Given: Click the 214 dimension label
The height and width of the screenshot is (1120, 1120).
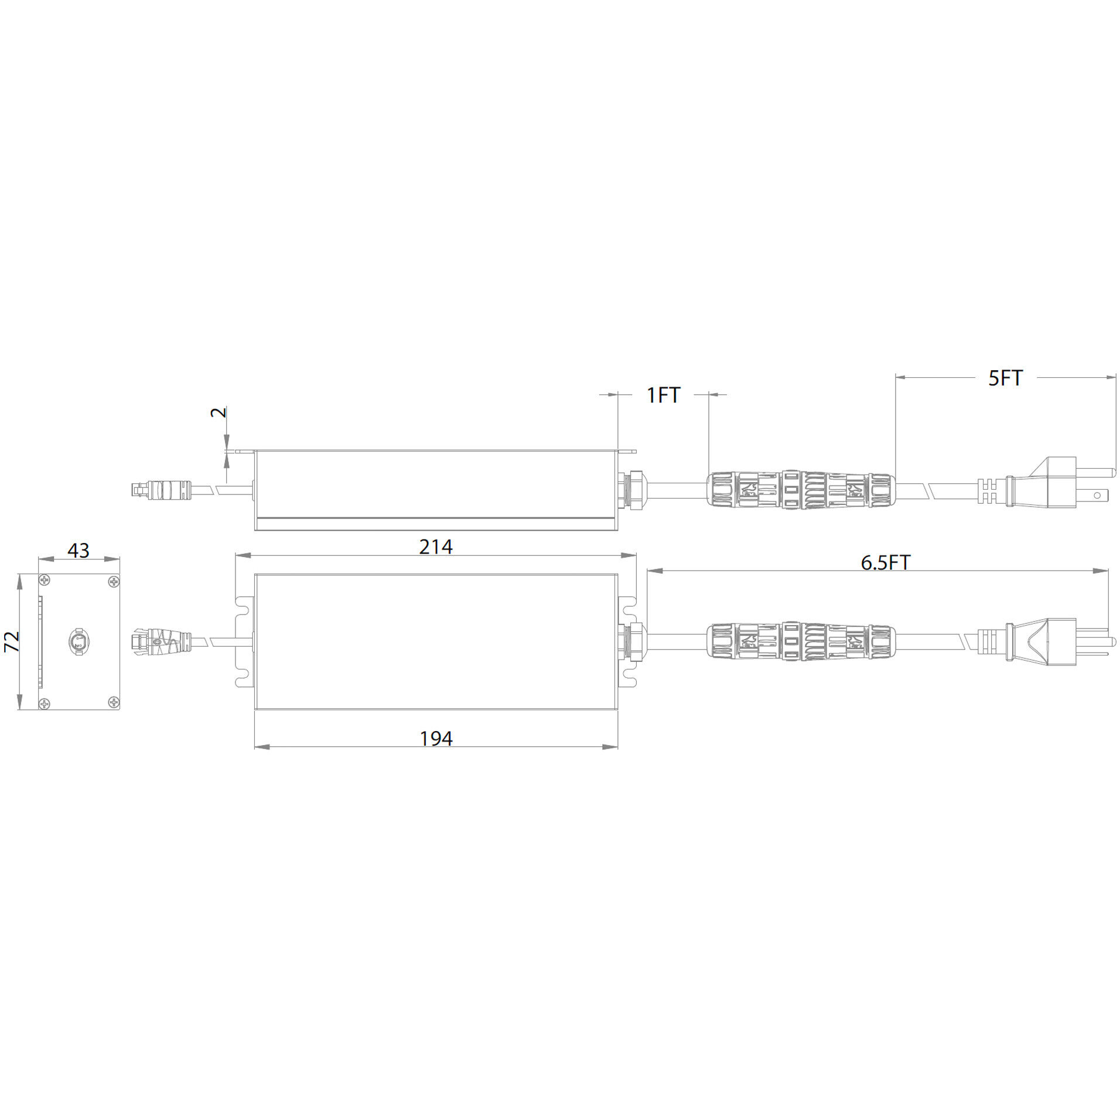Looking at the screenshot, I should pyautogui.click(x=435, y=547).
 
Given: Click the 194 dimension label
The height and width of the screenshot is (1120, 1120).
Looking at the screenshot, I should pyautogui.click(x=436, y=739).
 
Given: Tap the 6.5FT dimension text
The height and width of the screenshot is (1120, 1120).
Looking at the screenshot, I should pyautogui.click(x=885, y=562).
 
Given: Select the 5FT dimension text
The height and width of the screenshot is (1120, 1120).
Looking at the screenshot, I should pyautogui.click(x=1005, y=378).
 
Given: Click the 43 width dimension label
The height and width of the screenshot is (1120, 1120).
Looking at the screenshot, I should pyautogui.click(x=78, y=550).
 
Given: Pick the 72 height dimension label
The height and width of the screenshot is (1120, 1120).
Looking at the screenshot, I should pyautogui.click(x=12, y=641).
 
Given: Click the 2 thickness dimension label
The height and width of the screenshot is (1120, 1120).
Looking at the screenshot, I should pyautogui.click(x=218, y=412).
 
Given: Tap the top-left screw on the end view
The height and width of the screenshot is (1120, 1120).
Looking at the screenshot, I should pyautogui.click(x=45, y=581).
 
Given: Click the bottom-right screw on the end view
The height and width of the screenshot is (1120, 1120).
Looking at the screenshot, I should pyautogui.click(x=114, y=702).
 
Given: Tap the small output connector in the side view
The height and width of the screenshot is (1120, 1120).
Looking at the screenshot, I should pyautogui.click(x=161, y=489).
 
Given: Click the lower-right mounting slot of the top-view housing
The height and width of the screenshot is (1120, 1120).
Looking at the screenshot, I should pyautogui.click(x=628, y=679).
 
